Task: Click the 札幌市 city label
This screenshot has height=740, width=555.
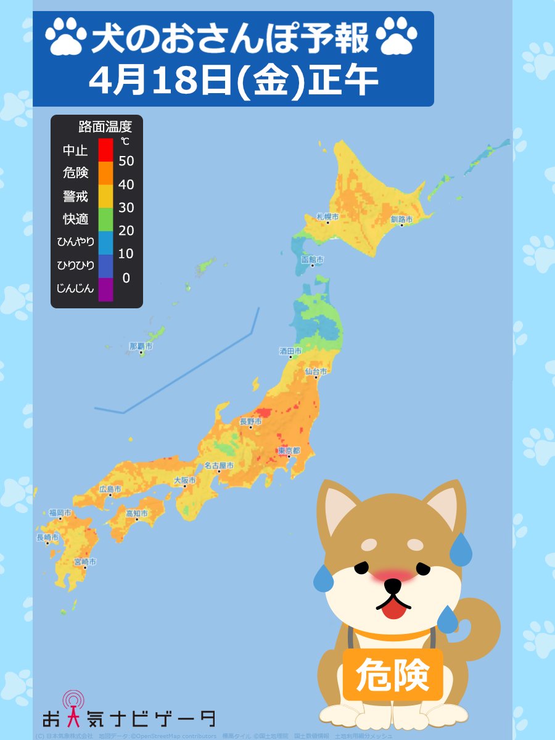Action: [x=327, y=216]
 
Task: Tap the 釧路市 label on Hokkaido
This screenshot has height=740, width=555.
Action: [x=401, y=219]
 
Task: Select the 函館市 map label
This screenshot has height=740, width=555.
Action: [x=312, y=260]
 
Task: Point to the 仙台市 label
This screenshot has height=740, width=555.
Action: [x=315, y=371]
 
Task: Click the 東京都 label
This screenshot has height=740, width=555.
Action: [x=289, y=451]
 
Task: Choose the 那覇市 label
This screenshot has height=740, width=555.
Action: [x=141, y=347]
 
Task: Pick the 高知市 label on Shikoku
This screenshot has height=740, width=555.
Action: [x=136, y=513]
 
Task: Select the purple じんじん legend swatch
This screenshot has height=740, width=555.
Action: [x=105, y=289]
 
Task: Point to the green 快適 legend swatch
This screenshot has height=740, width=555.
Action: [x=105, y=219]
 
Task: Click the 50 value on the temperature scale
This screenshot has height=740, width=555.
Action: [x=126, y=162]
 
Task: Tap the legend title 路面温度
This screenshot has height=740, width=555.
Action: [x=105, y=128]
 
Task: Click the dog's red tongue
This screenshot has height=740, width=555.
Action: [x=393, y=609]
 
